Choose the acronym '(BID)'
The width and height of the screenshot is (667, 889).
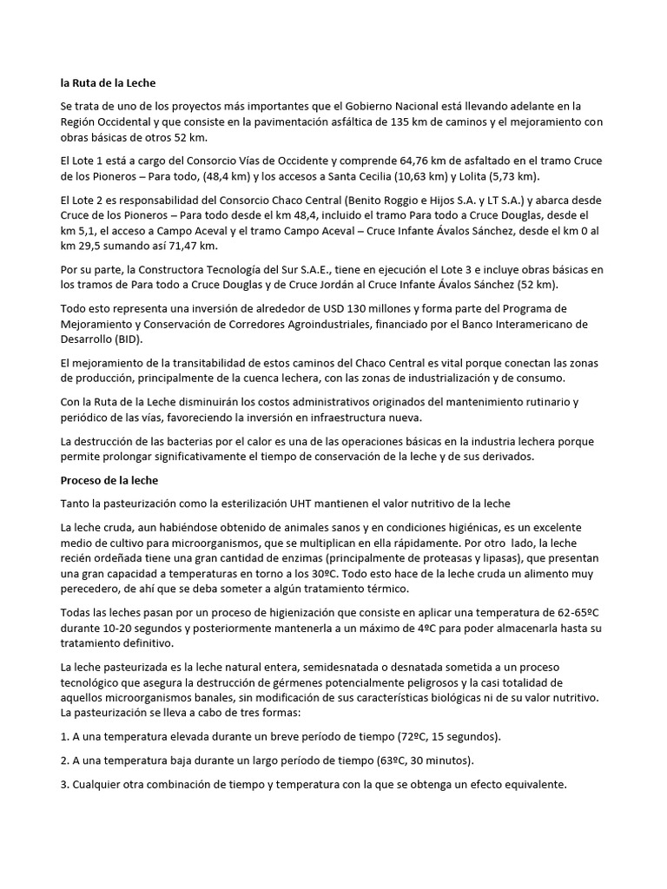pos(129,340)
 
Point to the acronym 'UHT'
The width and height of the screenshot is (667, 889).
pos(342,504)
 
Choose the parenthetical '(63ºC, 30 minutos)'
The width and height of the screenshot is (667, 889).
pos(417,761)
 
